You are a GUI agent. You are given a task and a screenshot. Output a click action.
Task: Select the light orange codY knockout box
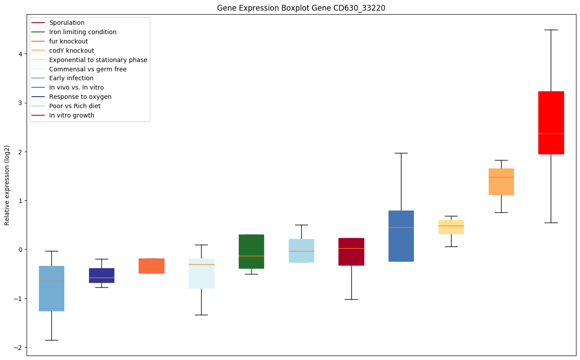[501, 182]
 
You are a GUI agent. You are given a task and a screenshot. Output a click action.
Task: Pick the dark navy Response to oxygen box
[101, 275]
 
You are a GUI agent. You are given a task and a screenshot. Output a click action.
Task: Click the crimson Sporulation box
[351, 252]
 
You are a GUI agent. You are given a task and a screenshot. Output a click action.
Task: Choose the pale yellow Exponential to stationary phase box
[451, 227]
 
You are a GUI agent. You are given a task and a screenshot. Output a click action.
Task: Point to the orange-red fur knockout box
[152, 266]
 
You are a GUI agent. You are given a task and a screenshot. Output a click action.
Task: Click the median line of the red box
[551, 133]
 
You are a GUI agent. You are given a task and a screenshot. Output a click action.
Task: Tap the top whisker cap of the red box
[551, 30]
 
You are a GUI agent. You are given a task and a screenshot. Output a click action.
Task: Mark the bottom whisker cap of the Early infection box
[51, 340]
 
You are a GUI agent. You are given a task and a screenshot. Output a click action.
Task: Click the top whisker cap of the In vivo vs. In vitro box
[401, 153]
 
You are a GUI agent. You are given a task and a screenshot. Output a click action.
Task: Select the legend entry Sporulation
[67, 23]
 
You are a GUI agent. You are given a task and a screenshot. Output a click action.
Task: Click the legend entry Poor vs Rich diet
[75, 106]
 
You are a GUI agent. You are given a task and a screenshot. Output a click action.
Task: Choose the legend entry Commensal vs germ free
[88, 69]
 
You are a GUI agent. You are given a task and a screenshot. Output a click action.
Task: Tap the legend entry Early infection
[71, 78]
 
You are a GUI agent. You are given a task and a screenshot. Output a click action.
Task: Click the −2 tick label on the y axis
[19, 347]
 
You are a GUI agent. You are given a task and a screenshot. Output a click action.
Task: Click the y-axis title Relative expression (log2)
[7, 185]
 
